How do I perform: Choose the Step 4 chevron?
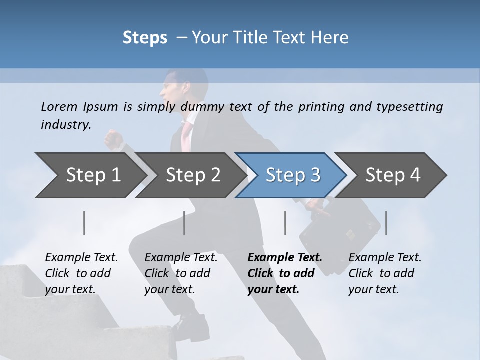point(392,175)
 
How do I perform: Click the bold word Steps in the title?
point(145,37)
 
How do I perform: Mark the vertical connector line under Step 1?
point(84,223)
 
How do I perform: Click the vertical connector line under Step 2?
point(184,223)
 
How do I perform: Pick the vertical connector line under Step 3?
point(285,223)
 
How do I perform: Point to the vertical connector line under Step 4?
point(386,223)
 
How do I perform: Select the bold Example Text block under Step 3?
point(285,273)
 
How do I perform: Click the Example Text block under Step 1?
point(81,273)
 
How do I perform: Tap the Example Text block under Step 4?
point(385,273)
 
